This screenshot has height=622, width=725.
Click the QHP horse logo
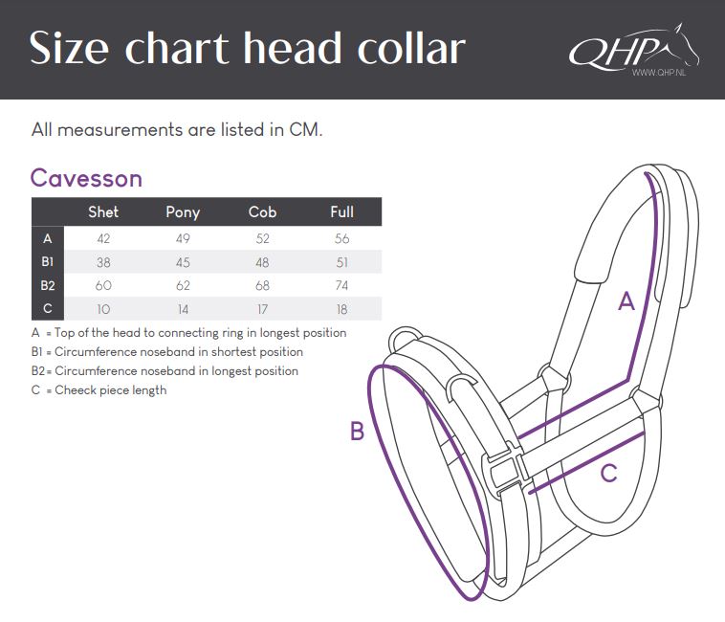coord(634,49)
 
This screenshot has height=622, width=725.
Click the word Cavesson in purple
coord(86,179)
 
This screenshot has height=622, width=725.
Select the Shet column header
coord(103,211)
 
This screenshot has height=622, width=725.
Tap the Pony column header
coord(183,212)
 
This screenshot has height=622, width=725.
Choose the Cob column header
coord(262,211)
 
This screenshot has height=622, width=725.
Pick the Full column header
coord(341,211)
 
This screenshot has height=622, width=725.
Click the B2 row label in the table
coord(48,285)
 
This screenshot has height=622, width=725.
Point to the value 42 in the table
coord(103,238)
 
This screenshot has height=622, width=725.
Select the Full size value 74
coord(341,285)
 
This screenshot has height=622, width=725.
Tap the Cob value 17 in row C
coord(262,309)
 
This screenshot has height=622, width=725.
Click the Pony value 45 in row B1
coord(183,262)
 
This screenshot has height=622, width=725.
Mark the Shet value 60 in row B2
coord(103,285)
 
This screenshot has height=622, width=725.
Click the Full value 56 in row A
coord(341,238)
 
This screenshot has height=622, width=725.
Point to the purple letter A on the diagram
coord(626,301)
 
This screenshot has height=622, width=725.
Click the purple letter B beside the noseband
coord(357,431)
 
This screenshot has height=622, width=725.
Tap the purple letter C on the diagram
coord(608,473)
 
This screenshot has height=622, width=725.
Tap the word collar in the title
coord(410,48)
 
